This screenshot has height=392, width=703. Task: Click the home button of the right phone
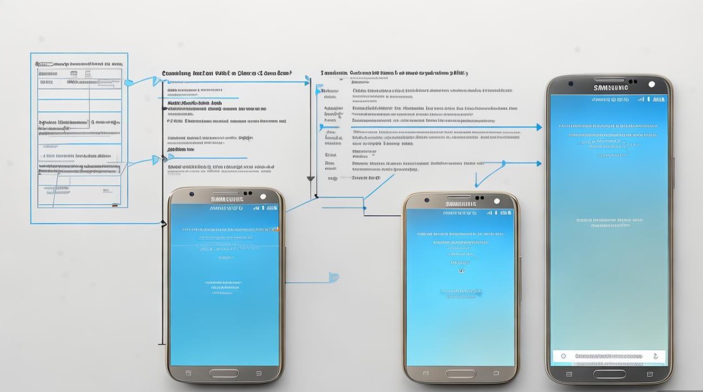609,374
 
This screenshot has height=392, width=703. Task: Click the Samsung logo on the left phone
226,199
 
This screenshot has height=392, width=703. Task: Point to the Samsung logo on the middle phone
460,204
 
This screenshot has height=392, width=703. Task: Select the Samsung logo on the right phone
610,87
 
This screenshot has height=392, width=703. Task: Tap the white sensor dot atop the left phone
263,197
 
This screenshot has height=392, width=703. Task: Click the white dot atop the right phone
651,84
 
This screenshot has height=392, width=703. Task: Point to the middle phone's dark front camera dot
427,201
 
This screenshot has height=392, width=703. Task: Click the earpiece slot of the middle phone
460,198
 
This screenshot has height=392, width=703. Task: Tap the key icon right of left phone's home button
258,373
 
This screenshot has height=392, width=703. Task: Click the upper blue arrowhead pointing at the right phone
538,127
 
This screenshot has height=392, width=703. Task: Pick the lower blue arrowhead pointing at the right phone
538,164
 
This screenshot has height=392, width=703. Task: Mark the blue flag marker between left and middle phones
334,277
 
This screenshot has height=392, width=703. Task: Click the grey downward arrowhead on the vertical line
311,179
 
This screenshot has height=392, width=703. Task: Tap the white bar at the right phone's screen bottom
609,356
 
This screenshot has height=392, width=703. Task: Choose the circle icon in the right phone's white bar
563,356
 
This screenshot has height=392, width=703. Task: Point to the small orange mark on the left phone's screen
278,229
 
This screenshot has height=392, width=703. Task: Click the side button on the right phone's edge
674,172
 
